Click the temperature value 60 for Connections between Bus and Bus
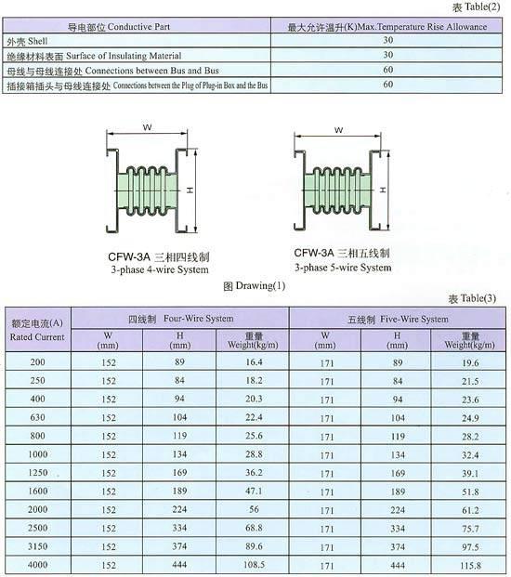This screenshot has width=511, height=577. click(388, 70)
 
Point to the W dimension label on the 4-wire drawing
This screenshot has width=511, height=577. click(147, 127)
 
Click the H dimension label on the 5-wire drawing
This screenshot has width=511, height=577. click(383, 190)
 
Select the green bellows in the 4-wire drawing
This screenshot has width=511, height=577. click(148, 190)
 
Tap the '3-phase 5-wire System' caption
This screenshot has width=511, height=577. click(343, 268)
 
